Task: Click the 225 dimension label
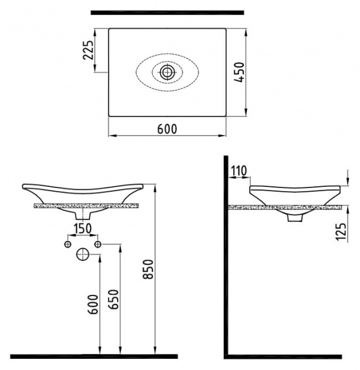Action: (89, 50)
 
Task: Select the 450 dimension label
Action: (239, 72)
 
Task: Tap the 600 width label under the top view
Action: (167, 129)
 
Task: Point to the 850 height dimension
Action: (149, 269)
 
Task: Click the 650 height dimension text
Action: (113, 299)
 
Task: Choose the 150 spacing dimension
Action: (83, 228)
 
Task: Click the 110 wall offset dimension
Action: (239, 171)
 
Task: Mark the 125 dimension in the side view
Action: (341, 231)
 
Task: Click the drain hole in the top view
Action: (167, 72)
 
